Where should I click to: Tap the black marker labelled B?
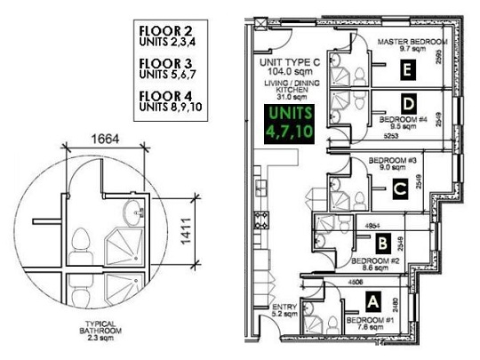point(380,240)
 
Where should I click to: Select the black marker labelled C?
point(401,188)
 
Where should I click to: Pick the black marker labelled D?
point(407,104)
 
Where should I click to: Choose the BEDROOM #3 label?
point(392,162)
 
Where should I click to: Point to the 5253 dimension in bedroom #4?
point(365,136)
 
